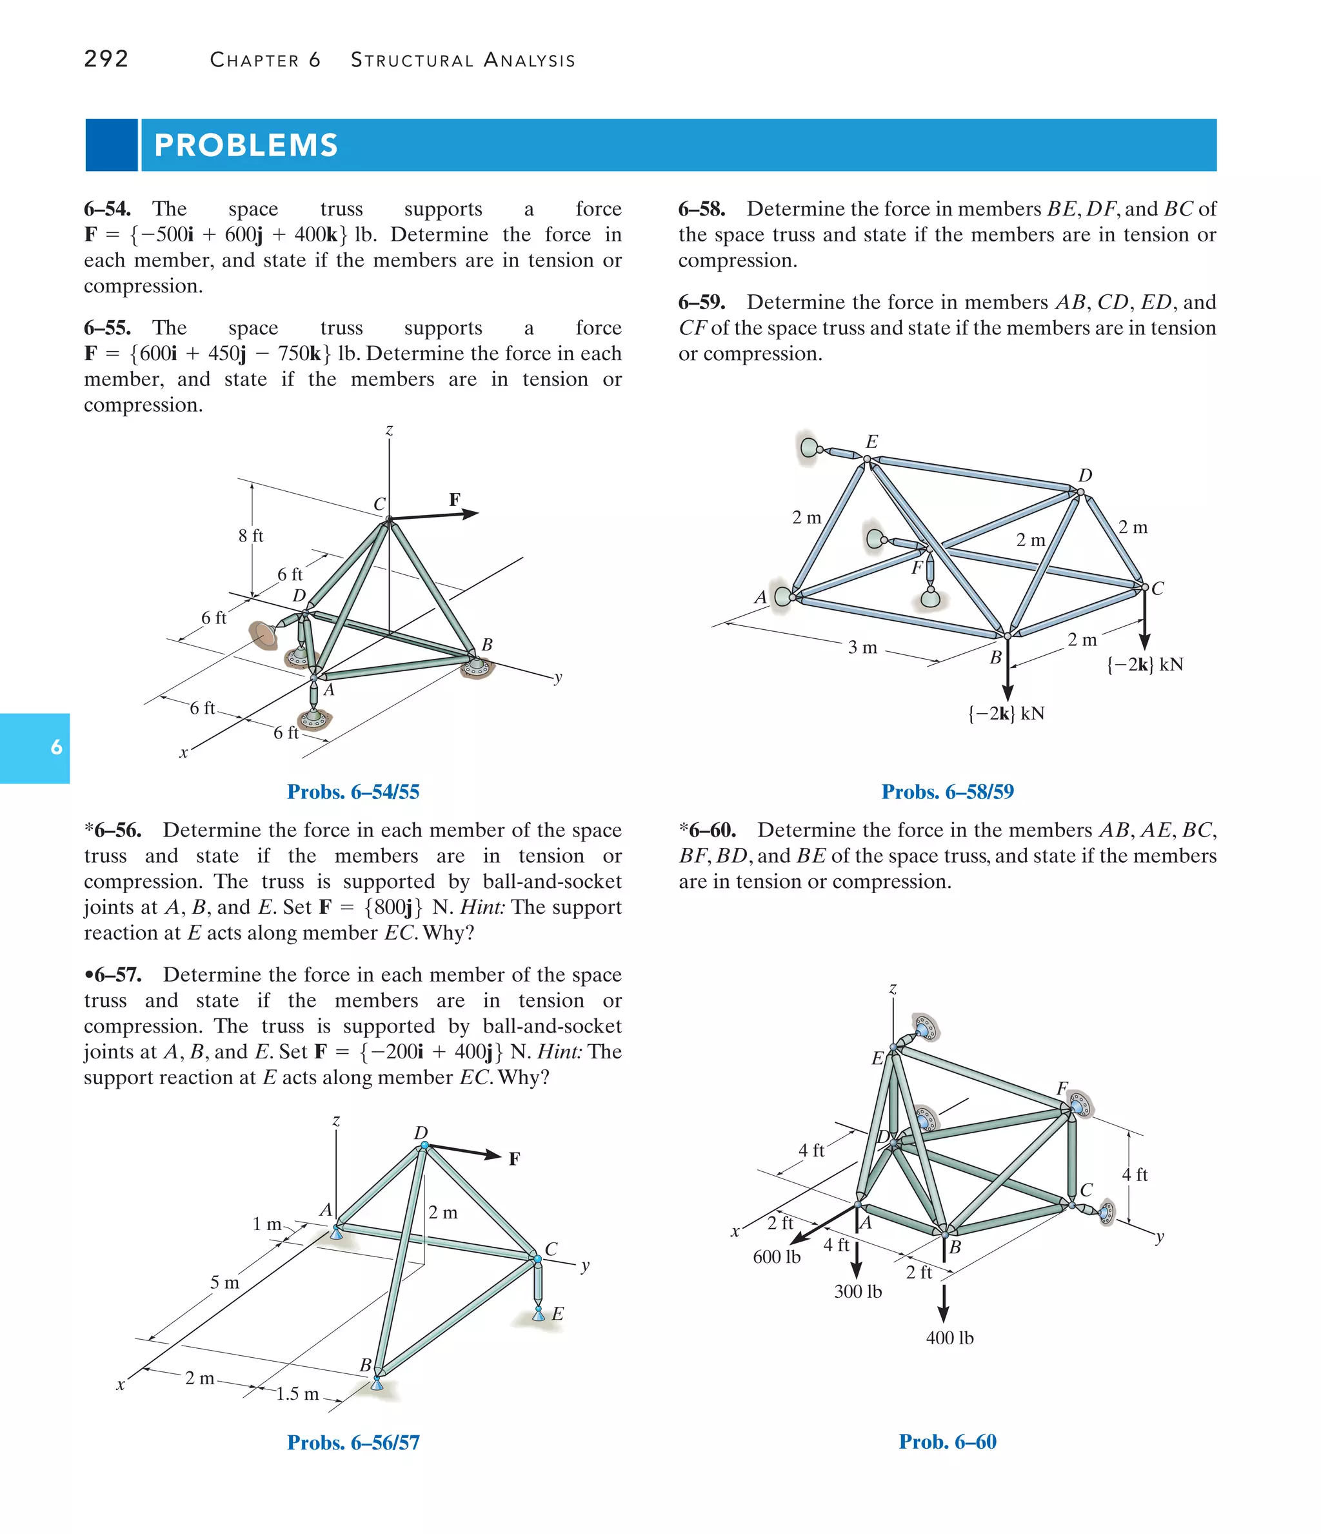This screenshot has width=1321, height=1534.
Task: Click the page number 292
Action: [x=106, y=59]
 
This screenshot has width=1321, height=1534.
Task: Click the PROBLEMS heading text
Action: [x=246, y=145]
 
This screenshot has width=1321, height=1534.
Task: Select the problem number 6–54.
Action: [x=108, y=209]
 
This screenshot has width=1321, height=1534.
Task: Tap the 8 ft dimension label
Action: [x=251, y=535]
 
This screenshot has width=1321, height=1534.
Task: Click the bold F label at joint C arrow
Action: [x=454, y=500]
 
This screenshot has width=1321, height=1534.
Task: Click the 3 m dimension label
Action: [x=862, y=647]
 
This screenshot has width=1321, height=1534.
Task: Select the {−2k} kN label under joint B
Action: [x=1006, y=713]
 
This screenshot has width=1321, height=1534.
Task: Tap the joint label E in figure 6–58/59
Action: [x=872, y=442]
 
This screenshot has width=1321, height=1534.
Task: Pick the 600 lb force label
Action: [x=777, y=1256]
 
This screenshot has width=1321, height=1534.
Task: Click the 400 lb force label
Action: [x=949, y=1338]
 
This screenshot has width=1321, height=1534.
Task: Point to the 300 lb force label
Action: [x=858, y=1291]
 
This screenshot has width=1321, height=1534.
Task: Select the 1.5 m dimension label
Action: [x=297, y=1393]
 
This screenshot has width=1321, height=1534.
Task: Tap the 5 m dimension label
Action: [x=225, y=1282]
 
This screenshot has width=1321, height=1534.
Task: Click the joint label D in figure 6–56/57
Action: [x=421, y=1133]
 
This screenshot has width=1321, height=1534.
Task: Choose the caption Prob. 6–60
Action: [x=948, y=1442]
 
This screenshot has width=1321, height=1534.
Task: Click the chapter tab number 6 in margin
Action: [x=56, y=747]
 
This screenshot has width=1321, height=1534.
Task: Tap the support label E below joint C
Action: [x=557, y=1313]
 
